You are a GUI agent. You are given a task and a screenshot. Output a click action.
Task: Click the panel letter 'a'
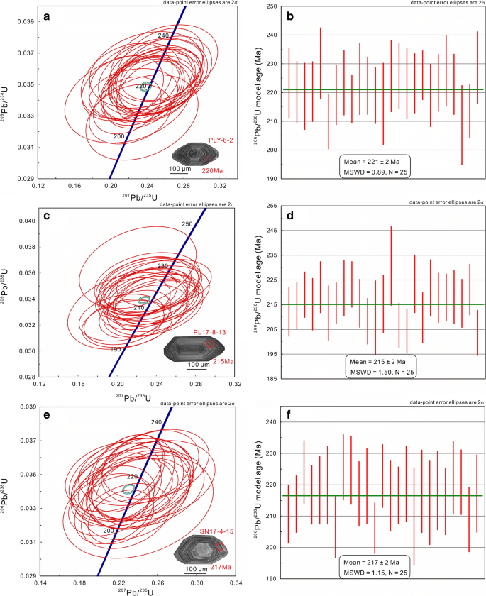pos(47,16)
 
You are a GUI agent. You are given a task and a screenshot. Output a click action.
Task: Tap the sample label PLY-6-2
pos(221,140)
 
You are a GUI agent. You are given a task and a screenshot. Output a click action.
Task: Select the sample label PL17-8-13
pos(209,332)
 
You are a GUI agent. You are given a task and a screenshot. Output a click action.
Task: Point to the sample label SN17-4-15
pos(216,531)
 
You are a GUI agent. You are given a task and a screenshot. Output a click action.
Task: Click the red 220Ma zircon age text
pos(212,171)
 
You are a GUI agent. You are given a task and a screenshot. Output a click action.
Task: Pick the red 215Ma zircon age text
pos(223,361)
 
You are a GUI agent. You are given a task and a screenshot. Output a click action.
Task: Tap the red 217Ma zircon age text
pos(221,567)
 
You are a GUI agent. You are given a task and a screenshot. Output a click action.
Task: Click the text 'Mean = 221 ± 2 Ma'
pos(372,162)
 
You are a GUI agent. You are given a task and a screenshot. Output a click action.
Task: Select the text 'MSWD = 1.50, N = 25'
pos(382,372)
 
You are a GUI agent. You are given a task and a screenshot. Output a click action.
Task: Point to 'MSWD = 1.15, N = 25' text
pos(375,573)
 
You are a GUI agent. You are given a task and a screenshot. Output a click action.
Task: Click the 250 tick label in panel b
pos(282,6)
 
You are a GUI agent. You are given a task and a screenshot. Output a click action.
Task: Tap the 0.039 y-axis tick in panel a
pos(26,22)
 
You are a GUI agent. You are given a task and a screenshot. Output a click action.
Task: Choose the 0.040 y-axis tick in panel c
pos(28,221)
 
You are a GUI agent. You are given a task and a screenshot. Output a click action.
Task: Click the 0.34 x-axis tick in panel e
pos(236,583)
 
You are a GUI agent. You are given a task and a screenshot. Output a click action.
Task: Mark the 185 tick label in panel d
pos(282,379)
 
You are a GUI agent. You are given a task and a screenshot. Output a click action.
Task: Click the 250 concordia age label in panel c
pos(187,224)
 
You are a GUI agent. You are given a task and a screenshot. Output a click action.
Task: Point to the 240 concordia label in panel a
pos(163,35)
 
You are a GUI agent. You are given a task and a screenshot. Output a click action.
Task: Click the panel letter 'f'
pos(289,414)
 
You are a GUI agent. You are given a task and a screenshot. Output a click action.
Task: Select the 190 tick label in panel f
pos(282,578)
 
